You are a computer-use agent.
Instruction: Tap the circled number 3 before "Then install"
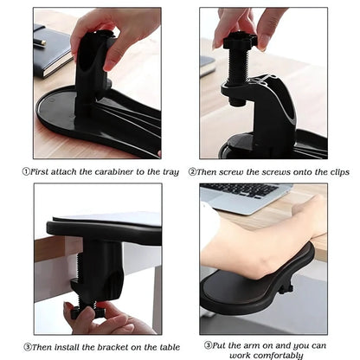pyautogui.click(x=26, y=345)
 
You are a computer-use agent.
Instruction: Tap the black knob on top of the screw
pyautogui.click(x=238, y=41)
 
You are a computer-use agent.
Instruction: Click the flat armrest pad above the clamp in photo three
pyautogui.click(x=104, y=228)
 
